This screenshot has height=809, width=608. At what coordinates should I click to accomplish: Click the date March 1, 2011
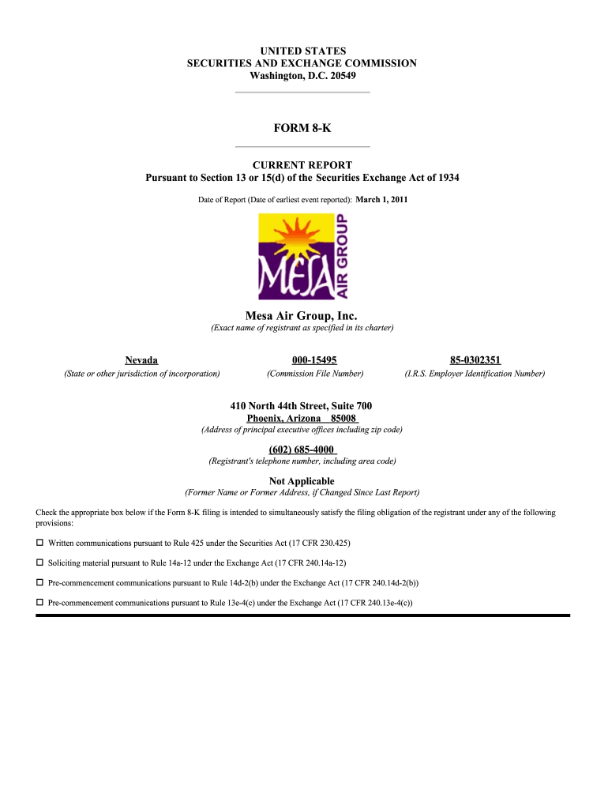pos(381,200)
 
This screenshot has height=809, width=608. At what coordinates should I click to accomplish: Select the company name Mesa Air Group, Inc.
pos(302,316)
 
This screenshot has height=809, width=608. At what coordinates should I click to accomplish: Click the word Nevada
pos(141,360)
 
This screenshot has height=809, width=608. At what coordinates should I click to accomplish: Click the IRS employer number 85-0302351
pos(475,360)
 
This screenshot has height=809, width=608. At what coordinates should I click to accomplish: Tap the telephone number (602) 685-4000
pos(302,450)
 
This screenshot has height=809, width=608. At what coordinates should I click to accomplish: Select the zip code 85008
pos(343,418)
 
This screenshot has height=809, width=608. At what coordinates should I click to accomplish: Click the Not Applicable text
pos(302,481)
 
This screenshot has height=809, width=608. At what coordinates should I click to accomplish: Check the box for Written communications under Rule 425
pos(40,544)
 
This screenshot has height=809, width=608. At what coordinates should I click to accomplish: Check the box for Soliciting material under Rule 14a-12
pos(40,563)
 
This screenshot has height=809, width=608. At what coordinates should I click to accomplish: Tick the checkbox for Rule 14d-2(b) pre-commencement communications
pos(40,583)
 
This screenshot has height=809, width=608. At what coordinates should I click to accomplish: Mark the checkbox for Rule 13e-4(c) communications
pos(40,603)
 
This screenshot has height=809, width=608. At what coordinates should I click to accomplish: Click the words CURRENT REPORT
pos(302,165)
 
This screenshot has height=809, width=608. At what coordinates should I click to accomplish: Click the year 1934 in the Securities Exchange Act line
pos(445,178)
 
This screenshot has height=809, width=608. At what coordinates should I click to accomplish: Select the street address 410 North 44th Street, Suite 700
pos(302,406)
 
